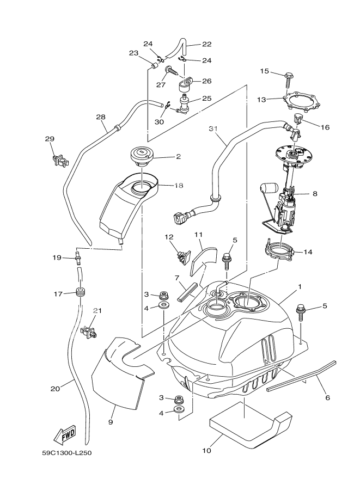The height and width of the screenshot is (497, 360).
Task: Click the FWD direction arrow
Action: [64, 435]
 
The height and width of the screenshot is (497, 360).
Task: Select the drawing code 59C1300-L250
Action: [70, 452]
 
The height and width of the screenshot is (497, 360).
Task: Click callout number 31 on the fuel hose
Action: [213, 128]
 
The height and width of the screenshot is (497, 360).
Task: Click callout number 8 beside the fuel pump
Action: [314, 193]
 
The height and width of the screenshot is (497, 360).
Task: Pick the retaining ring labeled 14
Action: [281, 251]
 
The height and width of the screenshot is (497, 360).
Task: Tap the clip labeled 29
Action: [60, 159]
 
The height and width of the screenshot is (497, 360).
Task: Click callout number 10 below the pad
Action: [208, 451]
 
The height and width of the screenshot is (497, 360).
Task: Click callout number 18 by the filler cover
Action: [179, 186]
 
